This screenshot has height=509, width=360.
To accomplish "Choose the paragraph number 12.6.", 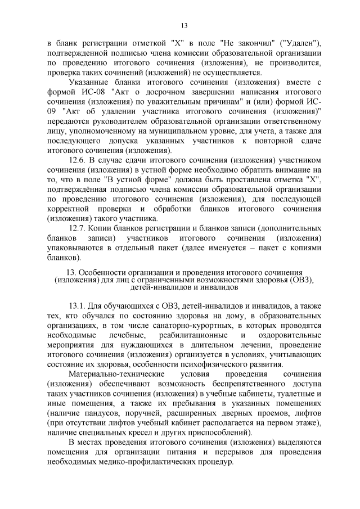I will click(x=78, y=160).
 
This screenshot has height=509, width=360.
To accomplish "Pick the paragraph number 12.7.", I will click(x=78, y=229).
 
